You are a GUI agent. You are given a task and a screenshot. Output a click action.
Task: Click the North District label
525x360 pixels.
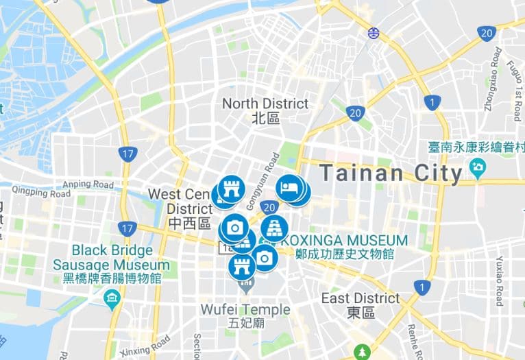pos(266,104)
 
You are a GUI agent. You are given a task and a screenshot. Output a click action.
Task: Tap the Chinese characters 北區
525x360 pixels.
pos(266,118)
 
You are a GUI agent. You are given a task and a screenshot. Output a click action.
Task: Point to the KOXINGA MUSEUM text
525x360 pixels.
pos(345,241)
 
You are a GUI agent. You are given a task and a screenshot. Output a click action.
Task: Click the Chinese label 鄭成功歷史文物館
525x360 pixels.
pos(345,254)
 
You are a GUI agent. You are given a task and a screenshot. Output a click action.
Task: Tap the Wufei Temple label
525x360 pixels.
pos(245,310)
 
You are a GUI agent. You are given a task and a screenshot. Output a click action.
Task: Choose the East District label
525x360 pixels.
pos(361,298)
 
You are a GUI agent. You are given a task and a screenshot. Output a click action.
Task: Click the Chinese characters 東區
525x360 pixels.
pos(361,313)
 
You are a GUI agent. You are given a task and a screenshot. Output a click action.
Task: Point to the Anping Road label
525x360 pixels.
pos(88,184)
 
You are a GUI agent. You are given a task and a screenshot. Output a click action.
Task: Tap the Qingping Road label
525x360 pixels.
pos(41,193)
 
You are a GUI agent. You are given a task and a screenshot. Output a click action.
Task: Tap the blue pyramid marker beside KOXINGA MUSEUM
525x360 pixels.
pos(273,228)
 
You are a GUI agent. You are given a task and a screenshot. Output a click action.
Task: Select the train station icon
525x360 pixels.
pos(373,32)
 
